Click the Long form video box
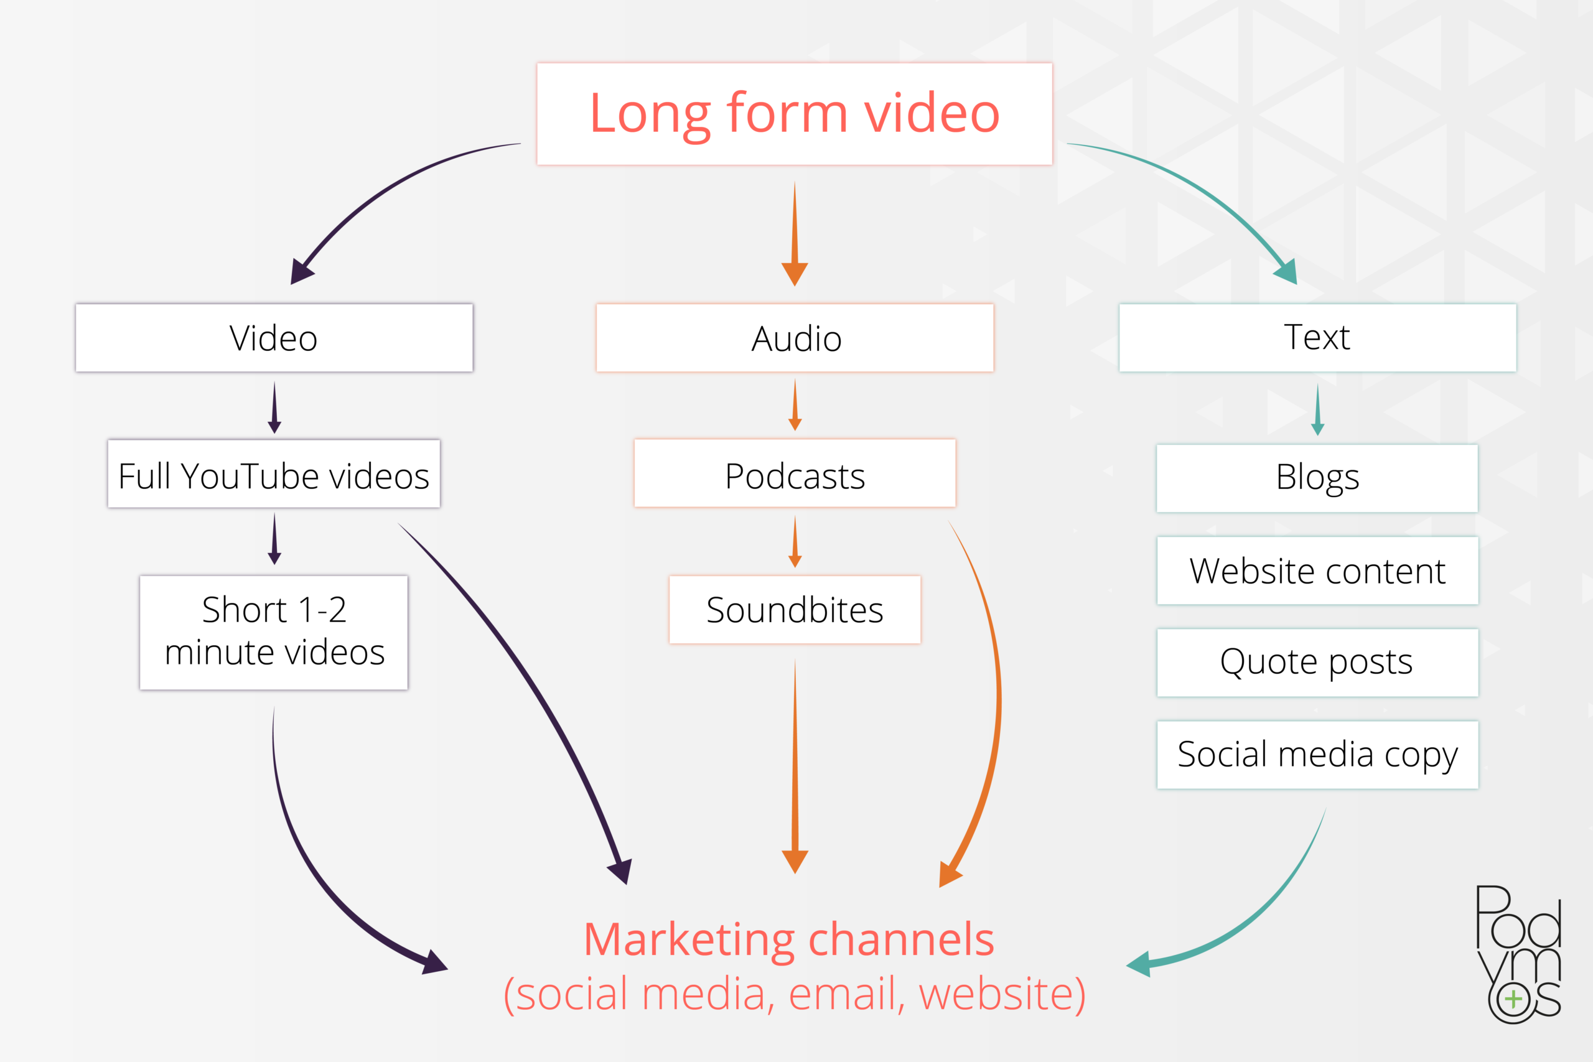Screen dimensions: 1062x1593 [795, 114]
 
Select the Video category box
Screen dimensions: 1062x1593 [274, 337]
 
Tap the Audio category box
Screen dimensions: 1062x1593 [795, 337]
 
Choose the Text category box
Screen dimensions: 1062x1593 [1317, 337]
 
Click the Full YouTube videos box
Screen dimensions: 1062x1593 [274, 474]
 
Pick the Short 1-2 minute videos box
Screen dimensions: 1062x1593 [274, 632]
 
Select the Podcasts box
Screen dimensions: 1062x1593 [795, 473]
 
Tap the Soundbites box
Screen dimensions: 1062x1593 [795, 609]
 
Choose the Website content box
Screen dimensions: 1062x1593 [1317, 571]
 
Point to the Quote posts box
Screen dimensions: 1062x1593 [1317, 662]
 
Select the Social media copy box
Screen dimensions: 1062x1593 [1317, 755]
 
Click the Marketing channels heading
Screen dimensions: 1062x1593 [789, 939]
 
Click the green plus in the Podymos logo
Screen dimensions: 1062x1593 [1514, 1000]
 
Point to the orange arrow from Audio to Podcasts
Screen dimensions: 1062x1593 [795, 406]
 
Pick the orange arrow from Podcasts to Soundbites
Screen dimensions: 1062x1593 [795, 543]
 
